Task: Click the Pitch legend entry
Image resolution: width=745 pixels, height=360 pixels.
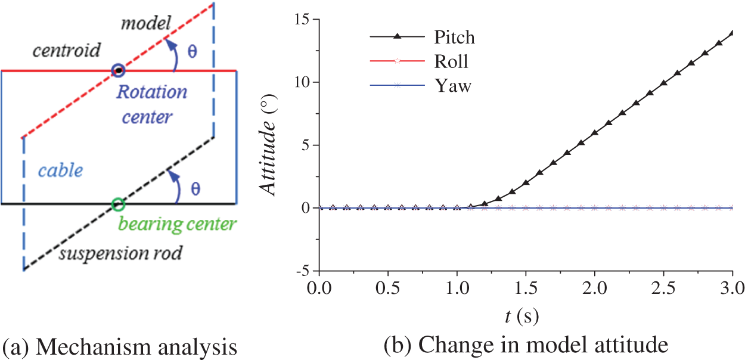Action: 453,37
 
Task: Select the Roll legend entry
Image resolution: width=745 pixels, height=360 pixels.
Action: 451,61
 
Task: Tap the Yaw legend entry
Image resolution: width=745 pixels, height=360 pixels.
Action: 452,86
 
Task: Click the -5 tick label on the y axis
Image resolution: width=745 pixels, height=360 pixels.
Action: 303,271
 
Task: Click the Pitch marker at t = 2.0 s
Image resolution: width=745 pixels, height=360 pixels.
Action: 595,132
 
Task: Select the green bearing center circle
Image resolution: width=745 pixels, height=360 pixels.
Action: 118,204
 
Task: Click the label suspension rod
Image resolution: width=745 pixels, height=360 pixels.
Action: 119,255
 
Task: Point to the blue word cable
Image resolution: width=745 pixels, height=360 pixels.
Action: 60,171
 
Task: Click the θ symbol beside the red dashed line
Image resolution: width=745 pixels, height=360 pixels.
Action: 193,51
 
